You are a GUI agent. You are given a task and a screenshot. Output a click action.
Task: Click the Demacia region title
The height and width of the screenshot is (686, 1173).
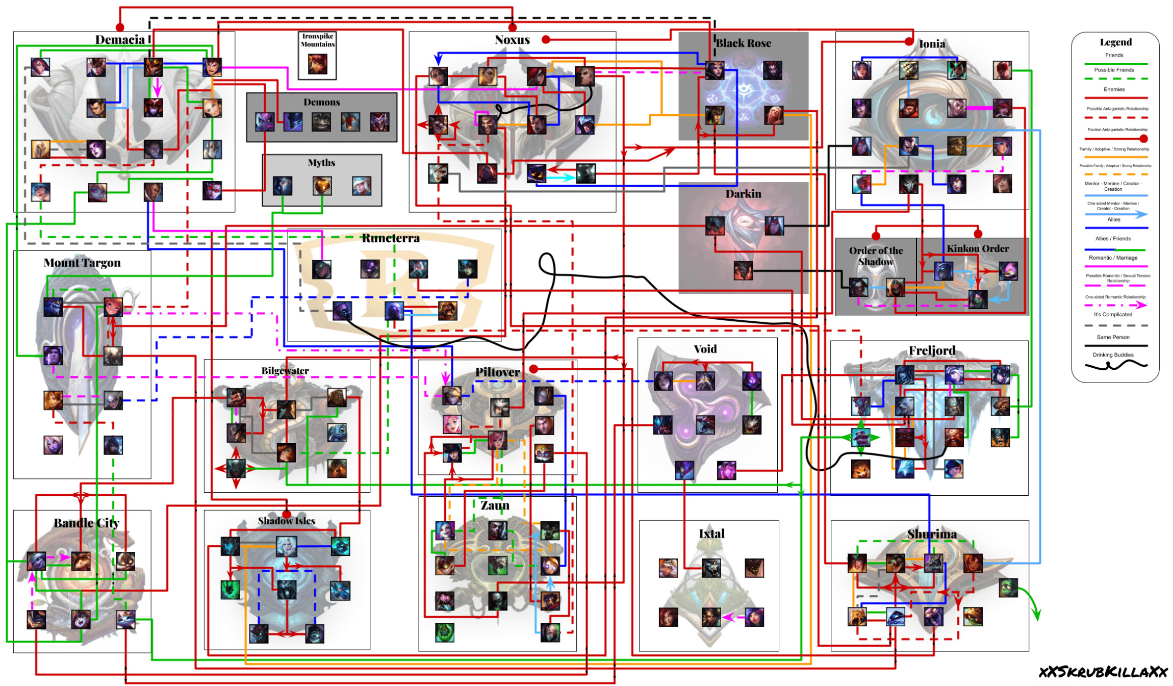120,40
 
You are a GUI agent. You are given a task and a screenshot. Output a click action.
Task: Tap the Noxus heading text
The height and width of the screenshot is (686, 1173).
512,40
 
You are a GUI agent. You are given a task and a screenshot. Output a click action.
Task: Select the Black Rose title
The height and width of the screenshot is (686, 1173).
743,43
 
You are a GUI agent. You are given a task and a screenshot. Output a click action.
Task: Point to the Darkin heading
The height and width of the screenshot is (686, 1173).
743,194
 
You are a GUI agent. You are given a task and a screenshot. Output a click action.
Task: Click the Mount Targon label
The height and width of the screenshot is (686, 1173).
82,263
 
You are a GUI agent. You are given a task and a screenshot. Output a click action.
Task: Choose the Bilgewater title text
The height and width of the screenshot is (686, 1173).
285,371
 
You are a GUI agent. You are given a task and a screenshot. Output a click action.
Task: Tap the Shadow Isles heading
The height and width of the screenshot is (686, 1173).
286,521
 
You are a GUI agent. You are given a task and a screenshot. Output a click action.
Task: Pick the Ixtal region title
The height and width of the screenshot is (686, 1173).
711,533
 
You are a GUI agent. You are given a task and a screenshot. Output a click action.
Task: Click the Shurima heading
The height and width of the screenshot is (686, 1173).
932,534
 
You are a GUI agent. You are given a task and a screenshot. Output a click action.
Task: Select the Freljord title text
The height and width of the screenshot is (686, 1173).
932,350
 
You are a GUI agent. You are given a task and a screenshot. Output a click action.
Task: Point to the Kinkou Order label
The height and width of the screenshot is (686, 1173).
978,248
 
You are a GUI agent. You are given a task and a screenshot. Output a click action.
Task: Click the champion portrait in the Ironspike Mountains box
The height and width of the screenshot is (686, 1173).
317,64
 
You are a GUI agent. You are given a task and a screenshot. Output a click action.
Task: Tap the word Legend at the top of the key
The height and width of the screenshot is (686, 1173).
1115,42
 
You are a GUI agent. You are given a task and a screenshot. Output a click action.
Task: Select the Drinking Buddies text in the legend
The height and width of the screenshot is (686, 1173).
1113,355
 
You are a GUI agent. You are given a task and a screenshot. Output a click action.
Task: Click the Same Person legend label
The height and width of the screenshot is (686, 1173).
1113,337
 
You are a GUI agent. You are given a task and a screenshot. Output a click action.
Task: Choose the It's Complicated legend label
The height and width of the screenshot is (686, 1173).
1113,315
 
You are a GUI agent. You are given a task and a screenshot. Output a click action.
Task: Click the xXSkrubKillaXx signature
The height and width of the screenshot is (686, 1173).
1103,672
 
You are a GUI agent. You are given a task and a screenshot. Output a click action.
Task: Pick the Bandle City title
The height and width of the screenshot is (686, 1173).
87,523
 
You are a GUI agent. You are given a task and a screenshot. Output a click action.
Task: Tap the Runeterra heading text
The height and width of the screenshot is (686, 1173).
391,238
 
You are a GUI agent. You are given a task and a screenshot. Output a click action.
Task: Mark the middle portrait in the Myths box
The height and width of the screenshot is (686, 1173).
322,186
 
